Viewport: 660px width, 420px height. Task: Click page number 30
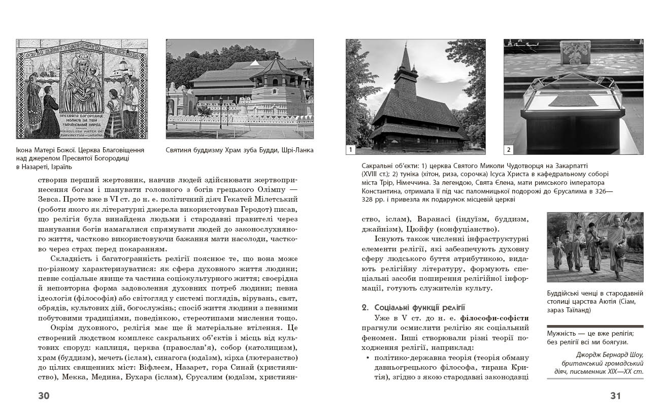click(44, 396)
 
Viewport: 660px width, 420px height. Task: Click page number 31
click(615, 396)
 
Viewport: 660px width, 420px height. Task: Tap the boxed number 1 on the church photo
click(351, 149)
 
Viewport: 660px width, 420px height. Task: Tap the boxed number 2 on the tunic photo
click(509, 149)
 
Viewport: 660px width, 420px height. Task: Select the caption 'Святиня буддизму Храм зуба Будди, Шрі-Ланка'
click(240, 150)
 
